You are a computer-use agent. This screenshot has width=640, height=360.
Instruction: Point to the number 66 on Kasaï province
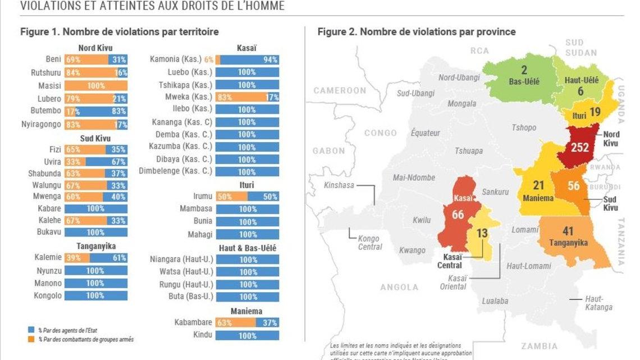(x=459, y=214)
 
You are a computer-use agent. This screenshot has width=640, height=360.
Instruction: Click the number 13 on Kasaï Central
(x=482, y=234)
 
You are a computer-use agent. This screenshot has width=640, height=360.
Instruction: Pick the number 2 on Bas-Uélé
(x=524, y=71)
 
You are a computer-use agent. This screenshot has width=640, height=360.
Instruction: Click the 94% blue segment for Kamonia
(x=250, y=60)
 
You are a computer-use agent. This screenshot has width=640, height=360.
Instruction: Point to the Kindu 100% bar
(x=248, y=336)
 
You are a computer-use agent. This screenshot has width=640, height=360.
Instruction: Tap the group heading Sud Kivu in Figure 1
(x=95, y=138)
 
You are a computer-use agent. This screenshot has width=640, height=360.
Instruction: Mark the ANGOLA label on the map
(x=399, y=287)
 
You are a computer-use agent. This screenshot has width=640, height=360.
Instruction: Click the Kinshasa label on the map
(x=339, y=185)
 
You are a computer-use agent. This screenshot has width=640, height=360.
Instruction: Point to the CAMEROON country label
(x=339, y=90)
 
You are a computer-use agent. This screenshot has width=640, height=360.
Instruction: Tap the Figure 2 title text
(x=417, y=32)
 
